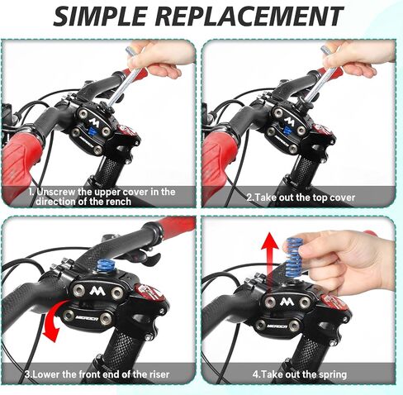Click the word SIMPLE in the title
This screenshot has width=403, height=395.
(100, 16)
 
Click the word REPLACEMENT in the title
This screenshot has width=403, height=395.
(250, 16)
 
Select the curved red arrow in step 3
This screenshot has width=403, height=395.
(54, 321)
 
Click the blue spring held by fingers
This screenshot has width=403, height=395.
(295, 258)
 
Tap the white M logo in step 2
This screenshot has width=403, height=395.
(289, 121)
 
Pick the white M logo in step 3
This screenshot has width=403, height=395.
(97, 291)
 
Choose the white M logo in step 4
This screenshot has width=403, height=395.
(286, 302)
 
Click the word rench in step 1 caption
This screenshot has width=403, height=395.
(116, 202)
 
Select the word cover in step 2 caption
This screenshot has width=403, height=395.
(339, 197)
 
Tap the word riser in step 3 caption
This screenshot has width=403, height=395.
(159, 374)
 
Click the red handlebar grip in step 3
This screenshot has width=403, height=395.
(176, 226)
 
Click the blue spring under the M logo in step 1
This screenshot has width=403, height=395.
(92, 131)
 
